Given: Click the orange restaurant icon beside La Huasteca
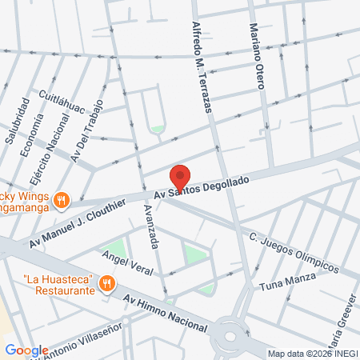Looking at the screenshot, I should tap(106, 283).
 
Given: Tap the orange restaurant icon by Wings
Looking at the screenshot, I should tap(62, 199).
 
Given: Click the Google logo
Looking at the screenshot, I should tap(26, 350).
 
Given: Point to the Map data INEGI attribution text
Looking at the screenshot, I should tap(311, 353).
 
